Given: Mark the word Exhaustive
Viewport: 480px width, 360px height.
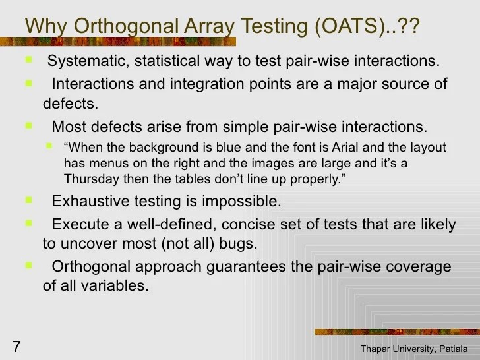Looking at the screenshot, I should (x=92, y=200).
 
